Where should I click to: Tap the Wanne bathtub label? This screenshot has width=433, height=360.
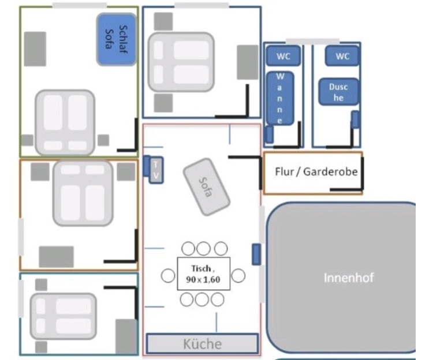[x=281, y=98]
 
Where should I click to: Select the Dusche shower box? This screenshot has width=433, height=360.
[x=338, y=92]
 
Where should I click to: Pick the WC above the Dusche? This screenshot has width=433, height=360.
[x=342, y=57]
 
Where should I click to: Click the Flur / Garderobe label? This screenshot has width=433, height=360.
[x=315, y=172]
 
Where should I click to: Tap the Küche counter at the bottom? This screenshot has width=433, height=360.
[x=202, y=344]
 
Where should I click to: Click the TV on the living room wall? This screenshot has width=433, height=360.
[x=155, y=170]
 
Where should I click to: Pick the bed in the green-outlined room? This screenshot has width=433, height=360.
[x=65, y=122]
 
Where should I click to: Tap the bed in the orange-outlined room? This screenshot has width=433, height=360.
[x=83, y=193]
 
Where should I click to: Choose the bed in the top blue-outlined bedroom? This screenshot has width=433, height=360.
[x=181, y=62]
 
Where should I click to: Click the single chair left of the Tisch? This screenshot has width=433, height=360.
[x=167, y=275]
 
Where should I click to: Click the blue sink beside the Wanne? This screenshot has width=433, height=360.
[x=269, y=134]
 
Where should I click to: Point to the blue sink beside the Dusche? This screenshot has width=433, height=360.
[x=356, y=119]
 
